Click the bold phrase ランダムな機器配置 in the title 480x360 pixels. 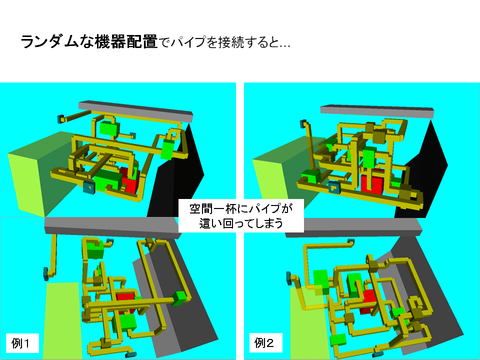(89, 41)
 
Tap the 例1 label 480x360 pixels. (21, 343)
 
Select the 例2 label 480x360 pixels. (264, 343)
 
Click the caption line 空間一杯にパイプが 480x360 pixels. (241, 209)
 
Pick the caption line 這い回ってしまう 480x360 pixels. (241, 223)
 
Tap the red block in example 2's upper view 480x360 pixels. (372, 182)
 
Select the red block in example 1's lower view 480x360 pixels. (125, 301)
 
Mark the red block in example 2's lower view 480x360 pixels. (369, 301)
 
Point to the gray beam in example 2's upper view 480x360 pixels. (377, 111)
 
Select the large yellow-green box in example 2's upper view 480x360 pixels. (278, 174)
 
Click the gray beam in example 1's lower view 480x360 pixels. (112, 226)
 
